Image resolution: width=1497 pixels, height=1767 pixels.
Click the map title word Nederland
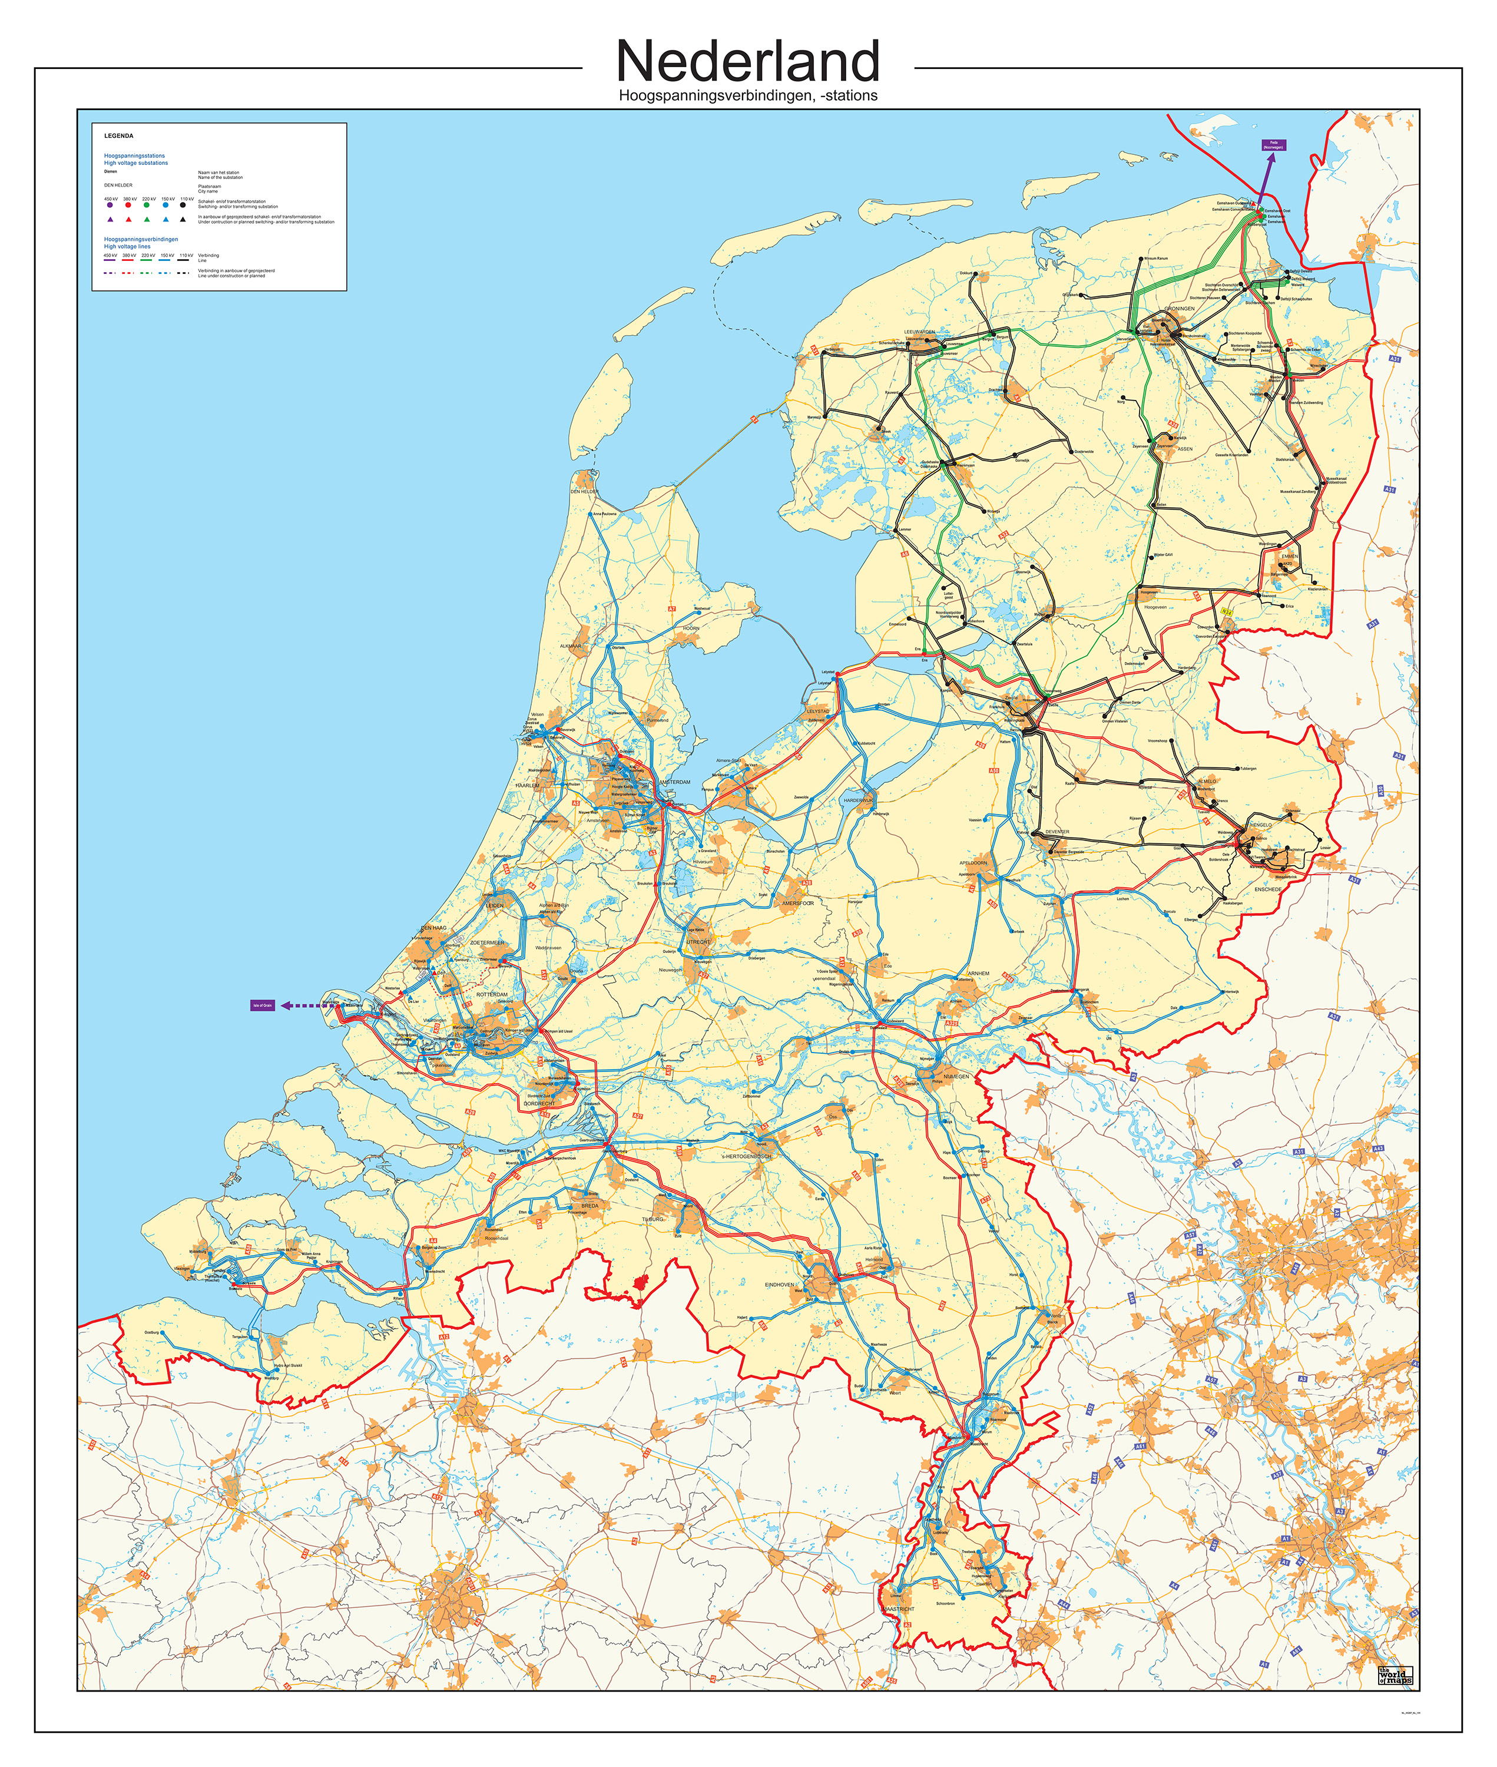pos(748,61)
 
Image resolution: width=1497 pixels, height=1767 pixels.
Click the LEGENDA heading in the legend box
pos(119,136)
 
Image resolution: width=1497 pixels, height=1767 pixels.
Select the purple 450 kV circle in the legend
pos(110,204)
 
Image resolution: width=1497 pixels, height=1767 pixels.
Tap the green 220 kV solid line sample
pos(147,260)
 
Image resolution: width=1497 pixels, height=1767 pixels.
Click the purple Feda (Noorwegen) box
pos(1273,145)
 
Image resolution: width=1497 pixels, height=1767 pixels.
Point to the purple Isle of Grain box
pos(262,1005)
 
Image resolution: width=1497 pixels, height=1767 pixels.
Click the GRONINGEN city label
pos(1179,309)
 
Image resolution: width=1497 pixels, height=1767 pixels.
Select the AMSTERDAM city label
pos(675,782)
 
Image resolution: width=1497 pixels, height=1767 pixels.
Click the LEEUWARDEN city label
pos(919,332)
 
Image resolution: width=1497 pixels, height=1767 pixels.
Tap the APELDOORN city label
pos(973,862)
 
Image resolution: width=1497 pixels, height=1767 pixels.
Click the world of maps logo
pos(1395,1676)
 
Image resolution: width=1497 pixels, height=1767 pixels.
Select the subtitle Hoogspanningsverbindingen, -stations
pos(748,96)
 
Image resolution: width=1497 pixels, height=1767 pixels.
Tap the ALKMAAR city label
pos(570,646)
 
